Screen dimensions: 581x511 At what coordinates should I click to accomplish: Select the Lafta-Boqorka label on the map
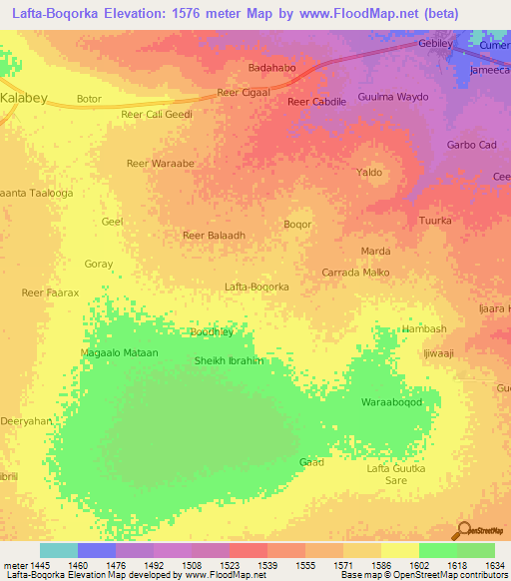256,287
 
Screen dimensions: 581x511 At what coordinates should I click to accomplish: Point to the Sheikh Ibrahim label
229,360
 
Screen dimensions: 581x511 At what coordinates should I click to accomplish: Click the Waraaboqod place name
392,402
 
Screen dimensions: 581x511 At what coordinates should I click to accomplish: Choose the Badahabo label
270,68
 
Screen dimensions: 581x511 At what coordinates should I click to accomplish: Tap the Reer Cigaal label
244,93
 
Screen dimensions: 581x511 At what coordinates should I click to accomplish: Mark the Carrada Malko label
355,272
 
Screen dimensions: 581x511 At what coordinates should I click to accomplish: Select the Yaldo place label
370,173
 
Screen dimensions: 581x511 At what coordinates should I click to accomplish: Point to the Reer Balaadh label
214,236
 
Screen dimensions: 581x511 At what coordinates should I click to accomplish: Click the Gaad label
311,462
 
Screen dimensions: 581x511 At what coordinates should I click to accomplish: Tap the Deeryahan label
26,421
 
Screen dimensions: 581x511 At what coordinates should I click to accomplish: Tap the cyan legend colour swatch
59,550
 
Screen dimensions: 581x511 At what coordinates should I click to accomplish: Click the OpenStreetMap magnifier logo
463,530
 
